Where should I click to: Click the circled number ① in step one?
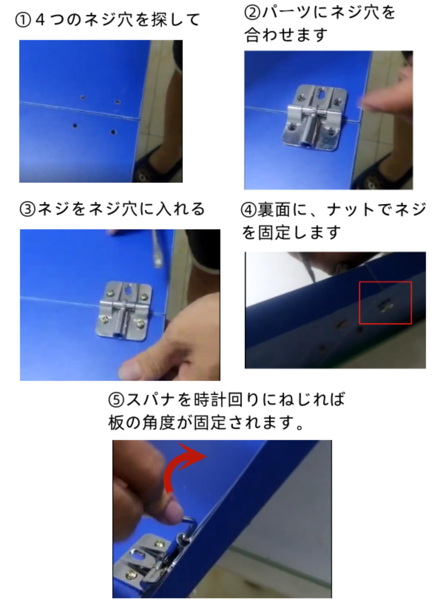(x=23, y=21)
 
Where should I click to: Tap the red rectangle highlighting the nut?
(x=385, y=303)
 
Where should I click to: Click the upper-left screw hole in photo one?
(x=82, y=97)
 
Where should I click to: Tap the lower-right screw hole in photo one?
(x=113, y=132)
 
